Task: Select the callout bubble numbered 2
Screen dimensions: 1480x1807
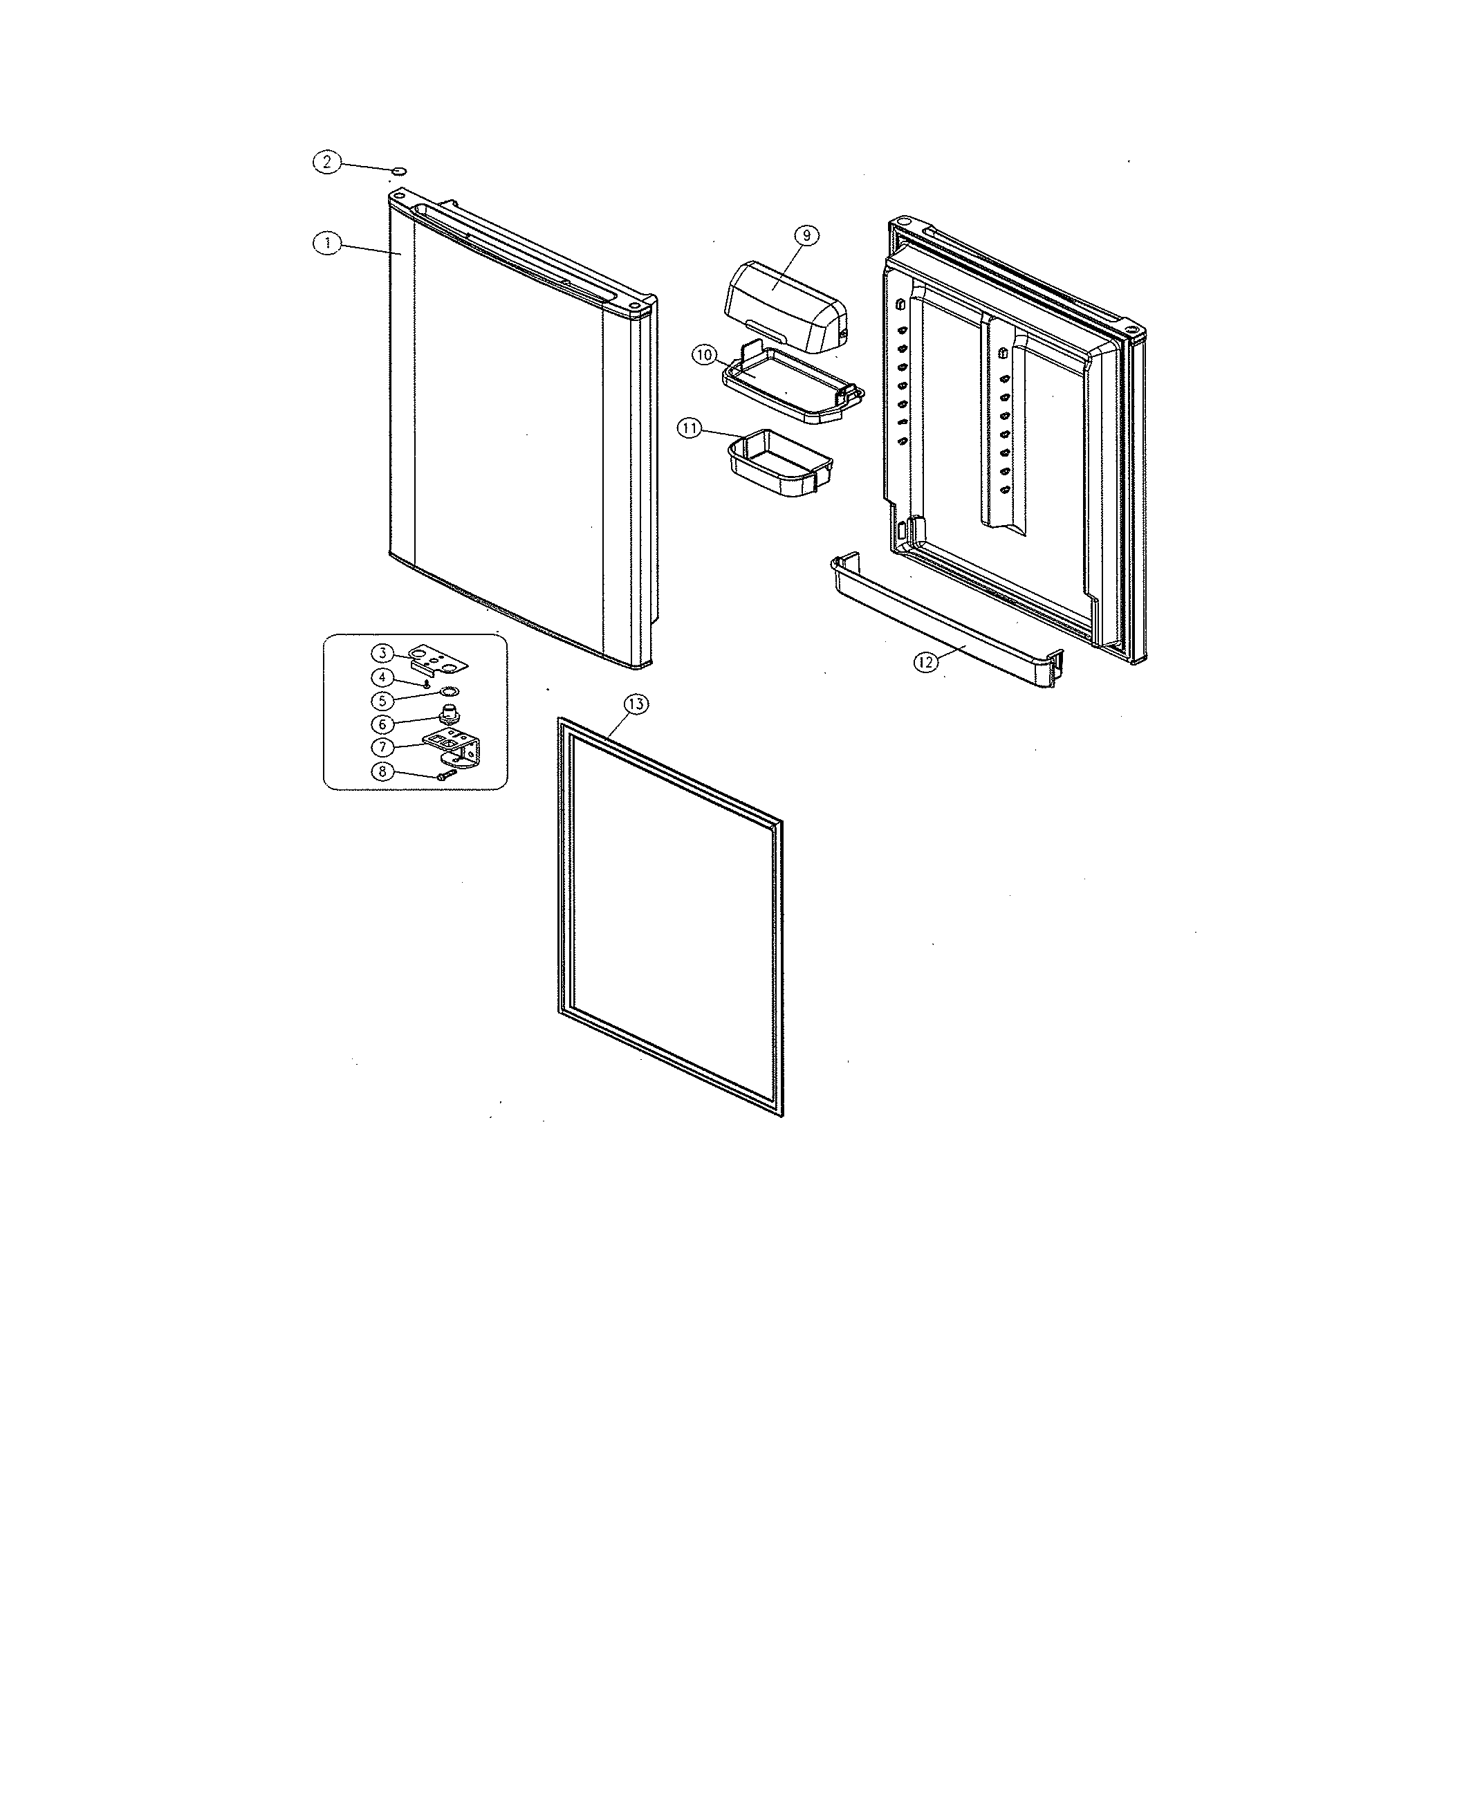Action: coord(326,161)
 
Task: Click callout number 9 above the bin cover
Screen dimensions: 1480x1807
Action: coord(806,235)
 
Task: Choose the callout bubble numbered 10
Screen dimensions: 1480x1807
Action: coord(704,354)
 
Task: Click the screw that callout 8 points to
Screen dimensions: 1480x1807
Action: coord(446,774)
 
